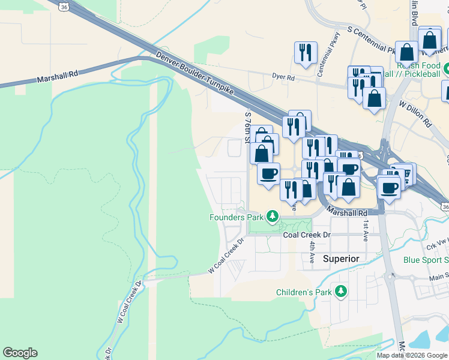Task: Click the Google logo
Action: [x=20, y=353]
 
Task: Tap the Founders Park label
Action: [x=237, y=217]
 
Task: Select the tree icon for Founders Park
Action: [x=273, y=215]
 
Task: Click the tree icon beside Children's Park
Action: [x=341, y=291]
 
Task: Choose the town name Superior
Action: [x=341, y=259]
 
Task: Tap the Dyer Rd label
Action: [x=283, y=77]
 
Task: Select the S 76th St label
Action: [x=247, y=127]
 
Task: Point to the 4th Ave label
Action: [x=312, y=251]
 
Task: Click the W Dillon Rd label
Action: [x=415, y=112]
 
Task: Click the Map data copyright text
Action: [x=412, y=355]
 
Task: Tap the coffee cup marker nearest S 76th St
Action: [x=268, y=173]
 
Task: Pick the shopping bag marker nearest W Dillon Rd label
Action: [x=375, y=99]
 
